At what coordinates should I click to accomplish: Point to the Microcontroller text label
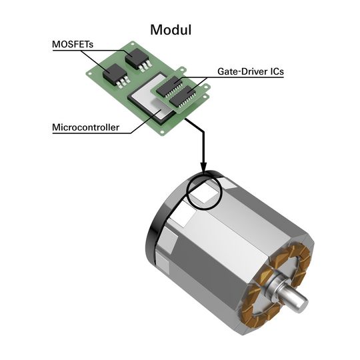point(86,127)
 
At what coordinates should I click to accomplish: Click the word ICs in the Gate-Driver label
point(273,71)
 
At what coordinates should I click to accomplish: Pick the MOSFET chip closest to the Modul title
point(138,59)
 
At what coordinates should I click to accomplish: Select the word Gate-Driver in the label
point(240,71)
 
